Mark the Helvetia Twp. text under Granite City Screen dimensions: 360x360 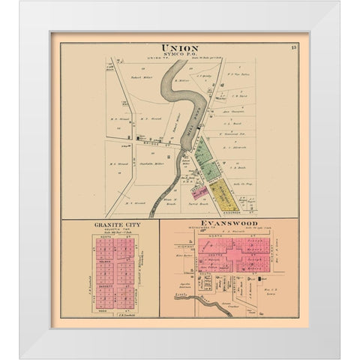click(111, 231)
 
